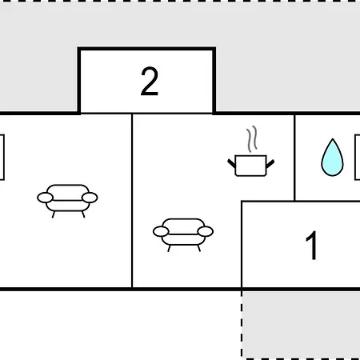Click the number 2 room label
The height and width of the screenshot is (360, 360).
(150, 82)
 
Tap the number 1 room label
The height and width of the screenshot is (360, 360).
(311, 246)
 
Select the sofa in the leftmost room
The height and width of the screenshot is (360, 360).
(67, 201)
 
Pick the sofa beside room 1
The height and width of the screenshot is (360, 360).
(183, 235)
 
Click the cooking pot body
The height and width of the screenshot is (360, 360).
(251, 166)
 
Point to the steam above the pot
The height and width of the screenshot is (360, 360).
(252, 139)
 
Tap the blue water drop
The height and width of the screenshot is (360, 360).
(332, 158)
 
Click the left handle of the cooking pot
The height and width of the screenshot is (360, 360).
(231, 163)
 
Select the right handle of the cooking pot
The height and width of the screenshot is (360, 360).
(270, 163)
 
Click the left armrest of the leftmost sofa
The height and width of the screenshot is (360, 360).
(46, 198)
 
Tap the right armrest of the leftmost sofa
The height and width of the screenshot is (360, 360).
(90, 198)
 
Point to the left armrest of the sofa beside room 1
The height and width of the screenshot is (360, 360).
(161, 231)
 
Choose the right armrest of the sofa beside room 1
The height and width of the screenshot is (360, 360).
(206, 231)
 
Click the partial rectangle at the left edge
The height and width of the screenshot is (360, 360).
(2, 158)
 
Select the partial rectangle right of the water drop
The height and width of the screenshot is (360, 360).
(358, 158)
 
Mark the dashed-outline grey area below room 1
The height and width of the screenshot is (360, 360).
(301, 325)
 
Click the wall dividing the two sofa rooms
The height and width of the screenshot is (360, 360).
(132, 201)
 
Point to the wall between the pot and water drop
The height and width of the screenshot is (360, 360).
(294, 158)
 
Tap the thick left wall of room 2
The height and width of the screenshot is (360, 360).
(79, 81)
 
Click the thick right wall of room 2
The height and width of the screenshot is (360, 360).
(214, 81)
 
